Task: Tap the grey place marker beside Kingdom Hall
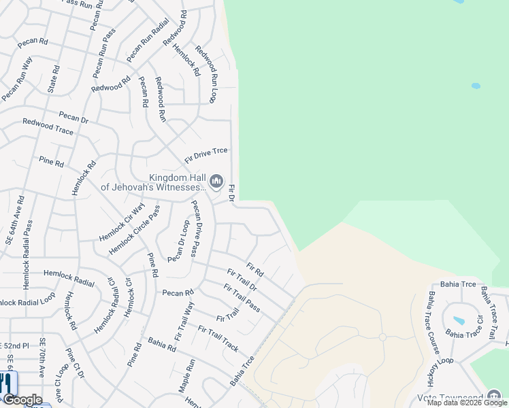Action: point(216,180)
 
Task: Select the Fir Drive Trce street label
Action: point(206,156)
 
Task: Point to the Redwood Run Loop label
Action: point(206,74)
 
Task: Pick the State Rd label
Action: point(53,80)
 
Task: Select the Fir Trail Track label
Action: point(218,338)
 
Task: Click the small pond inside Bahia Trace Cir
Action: point(459,320)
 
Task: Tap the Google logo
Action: point(22,400)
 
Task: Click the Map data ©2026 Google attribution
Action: point(467,403)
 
